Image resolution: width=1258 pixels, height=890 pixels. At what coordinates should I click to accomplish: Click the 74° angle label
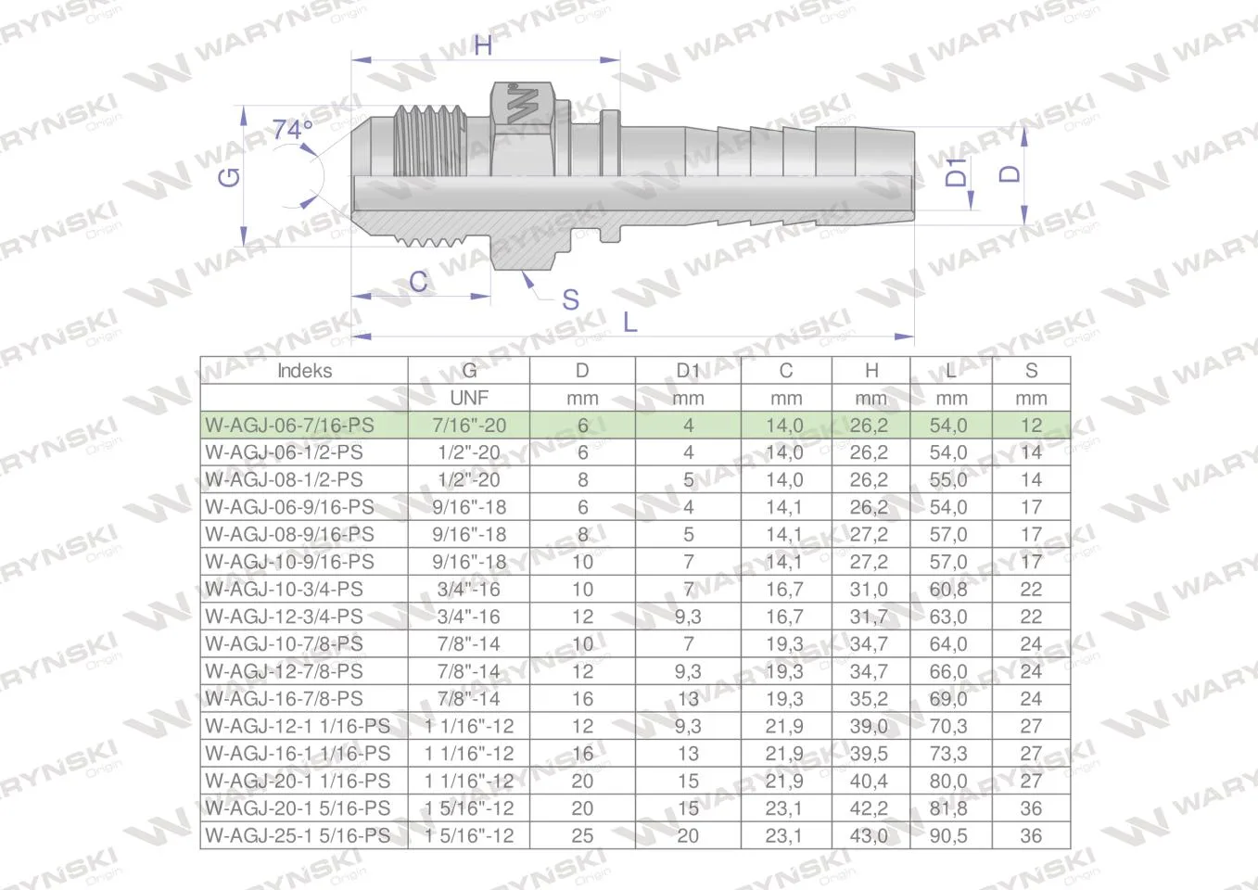click(x=293, y=131)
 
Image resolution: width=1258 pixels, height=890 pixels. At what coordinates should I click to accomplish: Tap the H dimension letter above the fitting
click(x=483, y=45)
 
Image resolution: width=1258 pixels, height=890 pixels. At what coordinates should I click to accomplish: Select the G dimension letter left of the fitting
click(x=229, y=177)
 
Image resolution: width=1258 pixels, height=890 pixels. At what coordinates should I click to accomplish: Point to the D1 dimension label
click(x=956, y=172)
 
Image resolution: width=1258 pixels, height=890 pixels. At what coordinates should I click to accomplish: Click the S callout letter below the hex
click(x=570, y=299)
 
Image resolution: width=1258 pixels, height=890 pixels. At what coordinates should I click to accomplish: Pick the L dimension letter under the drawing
click(x=630, y=323)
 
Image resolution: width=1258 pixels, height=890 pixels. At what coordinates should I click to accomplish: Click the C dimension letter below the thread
click(x=418, y=281)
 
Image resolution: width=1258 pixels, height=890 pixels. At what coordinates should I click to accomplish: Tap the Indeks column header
click(x=304, y=371)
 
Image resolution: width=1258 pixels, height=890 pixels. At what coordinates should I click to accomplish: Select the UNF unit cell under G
click(x=469, y=398)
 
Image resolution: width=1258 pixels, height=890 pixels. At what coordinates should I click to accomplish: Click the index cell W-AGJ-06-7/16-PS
click(x=290, y=425)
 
